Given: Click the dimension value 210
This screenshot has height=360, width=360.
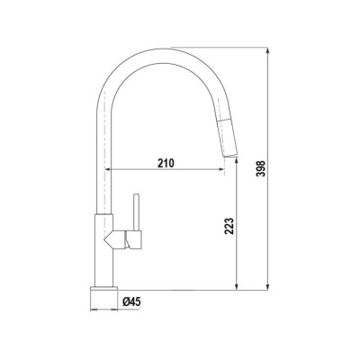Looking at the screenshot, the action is coord(166,163).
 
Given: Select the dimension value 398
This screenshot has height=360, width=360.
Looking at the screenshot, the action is coord(261,168).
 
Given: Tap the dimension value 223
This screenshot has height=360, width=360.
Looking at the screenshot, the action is coord(229,226).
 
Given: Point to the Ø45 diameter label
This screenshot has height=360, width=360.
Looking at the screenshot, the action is coord(131,301).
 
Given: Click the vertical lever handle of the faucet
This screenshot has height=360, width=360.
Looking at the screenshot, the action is coord(137,212).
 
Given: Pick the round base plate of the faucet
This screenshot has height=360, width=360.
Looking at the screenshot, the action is coord(103,289).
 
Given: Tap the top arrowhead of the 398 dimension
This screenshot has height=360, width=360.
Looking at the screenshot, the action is coord(267,50).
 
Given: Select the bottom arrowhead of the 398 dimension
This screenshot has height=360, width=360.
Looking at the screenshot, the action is coord(267,287).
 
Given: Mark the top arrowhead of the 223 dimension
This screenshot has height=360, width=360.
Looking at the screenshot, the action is coord(237,161).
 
